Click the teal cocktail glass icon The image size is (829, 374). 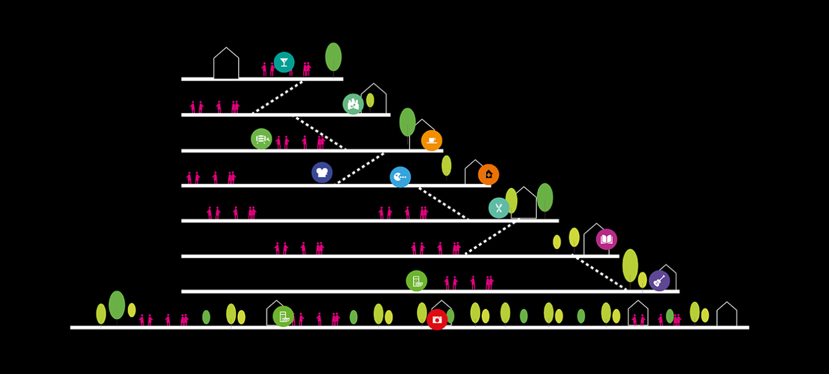pos(284,62)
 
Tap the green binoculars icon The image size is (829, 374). pos(353,104)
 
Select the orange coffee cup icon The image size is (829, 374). pos(432,140)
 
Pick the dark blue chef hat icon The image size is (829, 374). pos(322,172)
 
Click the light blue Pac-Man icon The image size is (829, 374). pos(400,176)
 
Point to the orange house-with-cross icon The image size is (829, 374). pos(489,174)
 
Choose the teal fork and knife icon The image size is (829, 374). pos(499,208)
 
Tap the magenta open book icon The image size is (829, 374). pos(606,239)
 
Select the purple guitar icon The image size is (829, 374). pos(659,280)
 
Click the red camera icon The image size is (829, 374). pos(437,320)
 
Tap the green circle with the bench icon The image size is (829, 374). pos(261,138)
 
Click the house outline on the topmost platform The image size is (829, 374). pos(226,64)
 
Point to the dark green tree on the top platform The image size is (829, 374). pos(333,57)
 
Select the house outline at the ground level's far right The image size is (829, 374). pos(727,315)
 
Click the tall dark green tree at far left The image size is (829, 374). pos(117,305)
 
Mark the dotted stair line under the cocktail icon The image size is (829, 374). pos(278,97)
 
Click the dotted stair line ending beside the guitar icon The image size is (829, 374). pos(599,273)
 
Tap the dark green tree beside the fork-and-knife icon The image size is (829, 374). pos(545,197)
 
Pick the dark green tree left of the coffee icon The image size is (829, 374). pos(407,122)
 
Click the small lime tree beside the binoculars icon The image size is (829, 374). pos(370,100)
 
